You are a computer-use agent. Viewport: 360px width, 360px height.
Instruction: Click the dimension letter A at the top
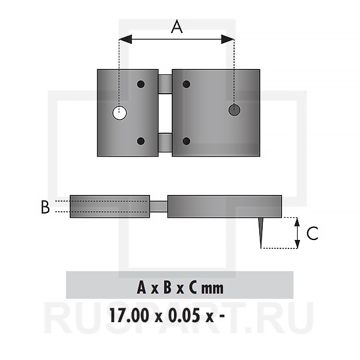pos(176,27)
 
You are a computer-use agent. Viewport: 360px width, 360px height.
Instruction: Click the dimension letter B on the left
pos(45,207)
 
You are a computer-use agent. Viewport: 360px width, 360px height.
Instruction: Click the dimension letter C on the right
pos(312,233)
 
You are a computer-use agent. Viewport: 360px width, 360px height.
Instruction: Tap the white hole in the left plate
pos(120,112)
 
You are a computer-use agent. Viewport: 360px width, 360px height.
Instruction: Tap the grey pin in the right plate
pos(234,110)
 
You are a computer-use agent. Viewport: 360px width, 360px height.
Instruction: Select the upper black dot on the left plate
pos(141,84)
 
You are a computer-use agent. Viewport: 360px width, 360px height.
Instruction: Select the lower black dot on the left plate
pos(141,142)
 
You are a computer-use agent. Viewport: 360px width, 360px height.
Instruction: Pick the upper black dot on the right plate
pos(187,84)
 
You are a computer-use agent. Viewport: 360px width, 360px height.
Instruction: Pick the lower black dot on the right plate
pos(187,142)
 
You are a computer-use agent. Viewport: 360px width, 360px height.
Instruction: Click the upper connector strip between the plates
pos(165,83)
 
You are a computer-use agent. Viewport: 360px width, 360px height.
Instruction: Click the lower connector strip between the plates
pos(165,142)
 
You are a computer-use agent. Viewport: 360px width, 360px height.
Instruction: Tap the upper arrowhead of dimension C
pos(297,221)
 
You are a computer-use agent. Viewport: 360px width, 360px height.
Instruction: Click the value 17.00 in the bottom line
pos(127,314)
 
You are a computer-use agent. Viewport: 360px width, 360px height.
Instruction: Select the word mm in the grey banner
pos(212,288)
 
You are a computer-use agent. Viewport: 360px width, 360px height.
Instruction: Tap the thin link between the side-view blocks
pos(158,206)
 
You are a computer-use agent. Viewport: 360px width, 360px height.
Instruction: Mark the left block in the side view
pos(110,206)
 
